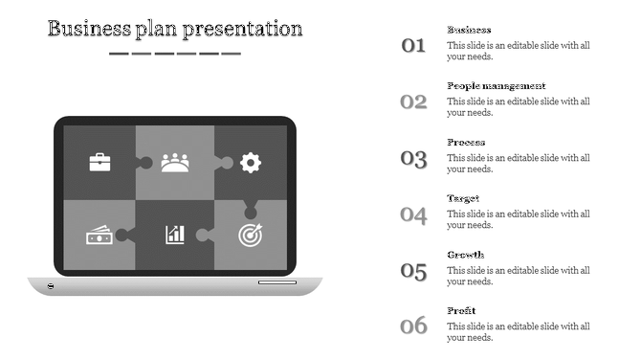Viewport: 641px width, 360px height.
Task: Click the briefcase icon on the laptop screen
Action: click(100, 162)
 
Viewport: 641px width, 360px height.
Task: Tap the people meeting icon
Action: click(175, 162)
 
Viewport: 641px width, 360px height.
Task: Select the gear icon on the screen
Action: click(251, 162)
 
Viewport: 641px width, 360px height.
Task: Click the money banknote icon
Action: click(99, 235)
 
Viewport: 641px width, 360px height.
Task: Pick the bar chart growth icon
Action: click(175, 234)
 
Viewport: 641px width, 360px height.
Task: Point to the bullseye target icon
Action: click(251, 234)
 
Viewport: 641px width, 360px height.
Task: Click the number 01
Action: click(413, 44)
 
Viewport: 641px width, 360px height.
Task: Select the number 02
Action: click(413, 101)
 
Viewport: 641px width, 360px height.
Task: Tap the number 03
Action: click(413, 159)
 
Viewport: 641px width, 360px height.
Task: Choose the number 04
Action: click(413, 214)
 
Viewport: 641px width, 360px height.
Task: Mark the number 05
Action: click(413, 271)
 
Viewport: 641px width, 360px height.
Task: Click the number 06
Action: click(413, 326)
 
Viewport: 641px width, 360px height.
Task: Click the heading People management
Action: click(497, 86)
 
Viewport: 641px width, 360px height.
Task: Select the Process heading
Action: click(466, 143)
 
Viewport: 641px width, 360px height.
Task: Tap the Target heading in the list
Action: click(463, 198)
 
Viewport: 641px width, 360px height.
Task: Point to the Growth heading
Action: click(465, 255)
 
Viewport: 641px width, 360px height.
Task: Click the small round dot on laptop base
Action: click(51, 286)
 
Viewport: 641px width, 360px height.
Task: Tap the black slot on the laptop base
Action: click(276, 282)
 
